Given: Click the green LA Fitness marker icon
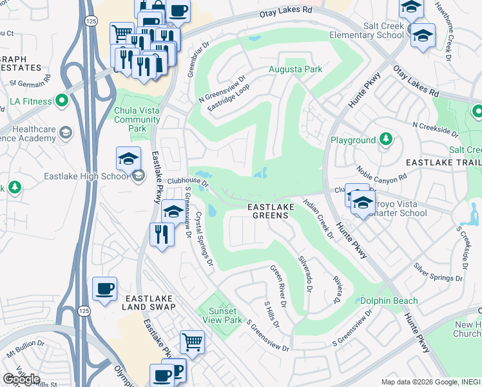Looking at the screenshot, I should [x=62, y=101].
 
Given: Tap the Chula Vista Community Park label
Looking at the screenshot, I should [x=137, y=119].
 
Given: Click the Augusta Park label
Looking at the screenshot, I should [x=296, y=69].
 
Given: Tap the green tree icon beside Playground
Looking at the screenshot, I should [x=385, y=139].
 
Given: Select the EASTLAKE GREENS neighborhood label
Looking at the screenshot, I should [x=271, y=210].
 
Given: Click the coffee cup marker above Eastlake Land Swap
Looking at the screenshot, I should [x=104, y=290].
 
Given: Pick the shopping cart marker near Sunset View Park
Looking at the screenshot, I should [x=192, y=342].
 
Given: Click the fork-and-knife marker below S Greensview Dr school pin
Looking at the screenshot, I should [x=161, y=233].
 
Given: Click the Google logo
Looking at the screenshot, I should [x=21, y=379].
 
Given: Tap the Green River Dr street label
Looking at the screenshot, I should [x=278, y=282].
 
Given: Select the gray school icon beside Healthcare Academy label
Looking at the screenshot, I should [x=65, y=134].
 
